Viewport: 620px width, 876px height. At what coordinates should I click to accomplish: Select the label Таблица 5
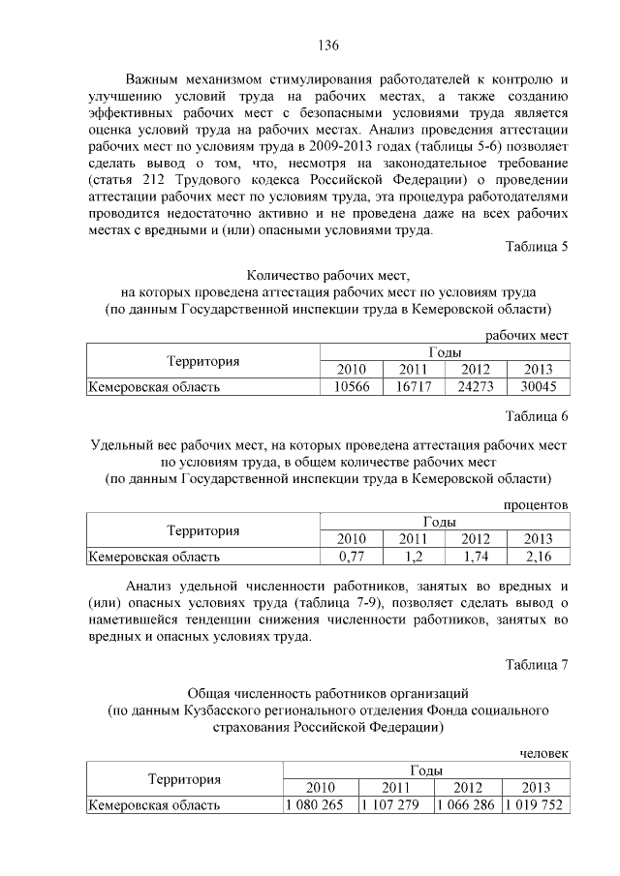[536, 246]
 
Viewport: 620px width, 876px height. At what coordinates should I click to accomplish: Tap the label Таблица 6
[536, 416]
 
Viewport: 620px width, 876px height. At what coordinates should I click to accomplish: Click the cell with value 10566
[352, 387]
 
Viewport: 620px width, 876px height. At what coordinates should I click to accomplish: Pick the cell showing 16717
[414, 387]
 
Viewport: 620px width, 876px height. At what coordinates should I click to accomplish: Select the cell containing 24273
[476, 387]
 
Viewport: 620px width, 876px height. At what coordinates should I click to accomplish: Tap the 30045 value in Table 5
[537, 387]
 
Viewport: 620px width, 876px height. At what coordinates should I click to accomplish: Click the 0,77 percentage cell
[352, 557]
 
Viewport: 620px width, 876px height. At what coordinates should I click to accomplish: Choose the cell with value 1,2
[414, 557]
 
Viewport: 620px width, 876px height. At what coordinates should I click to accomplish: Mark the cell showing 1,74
[476, 557]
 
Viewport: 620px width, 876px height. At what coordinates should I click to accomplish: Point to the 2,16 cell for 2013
[537, 557]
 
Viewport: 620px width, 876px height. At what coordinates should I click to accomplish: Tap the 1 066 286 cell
[467, 804]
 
